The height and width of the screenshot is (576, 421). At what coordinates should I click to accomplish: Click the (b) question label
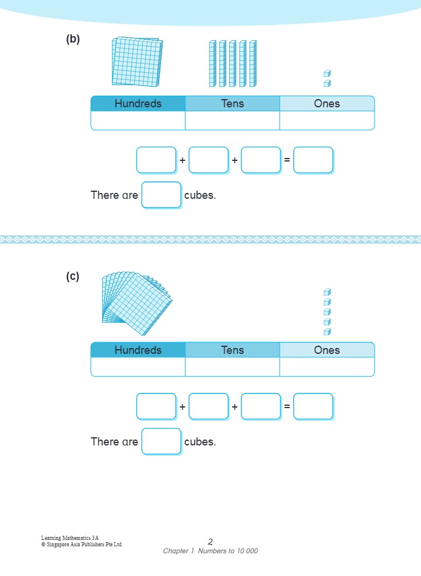[73, 40]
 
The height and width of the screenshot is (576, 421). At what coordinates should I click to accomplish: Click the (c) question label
[73, 277]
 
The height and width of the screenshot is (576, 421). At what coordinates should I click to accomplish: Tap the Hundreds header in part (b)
[138, 104]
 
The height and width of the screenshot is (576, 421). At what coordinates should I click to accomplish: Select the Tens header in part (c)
[232, 350]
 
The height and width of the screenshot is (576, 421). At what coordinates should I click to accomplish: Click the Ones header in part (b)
[327, 104]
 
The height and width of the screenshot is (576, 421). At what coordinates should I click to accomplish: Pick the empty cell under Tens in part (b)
[232, 121]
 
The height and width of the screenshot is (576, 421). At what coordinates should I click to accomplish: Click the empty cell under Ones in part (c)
[327, 367]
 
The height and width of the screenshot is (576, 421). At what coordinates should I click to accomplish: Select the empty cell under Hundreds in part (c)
[138, 367]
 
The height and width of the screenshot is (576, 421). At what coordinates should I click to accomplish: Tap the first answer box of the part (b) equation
[156, 160]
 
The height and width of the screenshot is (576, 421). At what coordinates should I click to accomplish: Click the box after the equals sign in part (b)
[313, 160]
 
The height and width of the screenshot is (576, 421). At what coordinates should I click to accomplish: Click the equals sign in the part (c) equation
[287, 406]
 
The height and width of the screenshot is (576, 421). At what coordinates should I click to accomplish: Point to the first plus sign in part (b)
[183, 160]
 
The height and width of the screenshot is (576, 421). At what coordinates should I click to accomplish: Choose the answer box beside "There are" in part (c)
[162, 441]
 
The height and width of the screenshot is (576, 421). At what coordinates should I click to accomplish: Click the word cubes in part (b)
[200, 195]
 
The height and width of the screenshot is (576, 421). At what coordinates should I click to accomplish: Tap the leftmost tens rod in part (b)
[212, 64]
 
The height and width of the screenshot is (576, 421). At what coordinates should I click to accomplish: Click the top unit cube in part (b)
[327, 73]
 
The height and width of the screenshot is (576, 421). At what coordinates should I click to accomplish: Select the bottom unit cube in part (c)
[327, 332]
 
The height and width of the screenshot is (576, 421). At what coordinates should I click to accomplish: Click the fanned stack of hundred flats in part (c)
[136, 303]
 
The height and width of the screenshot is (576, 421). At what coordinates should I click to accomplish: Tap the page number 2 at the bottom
[210, 542]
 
